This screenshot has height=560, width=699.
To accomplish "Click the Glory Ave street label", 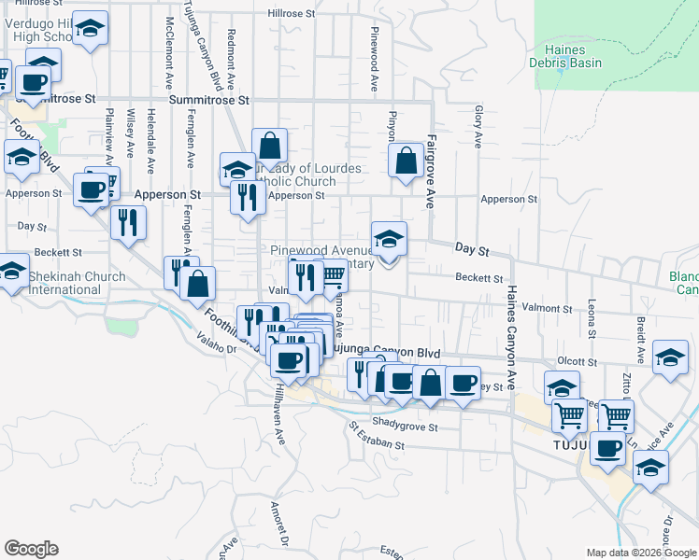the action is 477,127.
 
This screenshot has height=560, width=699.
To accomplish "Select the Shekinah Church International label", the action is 64,283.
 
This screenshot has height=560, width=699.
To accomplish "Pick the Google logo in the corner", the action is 31,548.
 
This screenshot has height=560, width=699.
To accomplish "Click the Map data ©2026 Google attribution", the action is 640,553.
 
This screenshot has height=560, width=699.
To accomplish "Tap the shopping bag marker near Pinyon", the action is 407,160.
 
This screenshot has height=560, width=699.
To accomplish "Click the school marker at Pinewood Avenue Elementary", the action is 390,239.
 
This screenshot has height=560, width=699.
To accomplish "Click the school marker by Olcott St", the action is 670,358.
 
